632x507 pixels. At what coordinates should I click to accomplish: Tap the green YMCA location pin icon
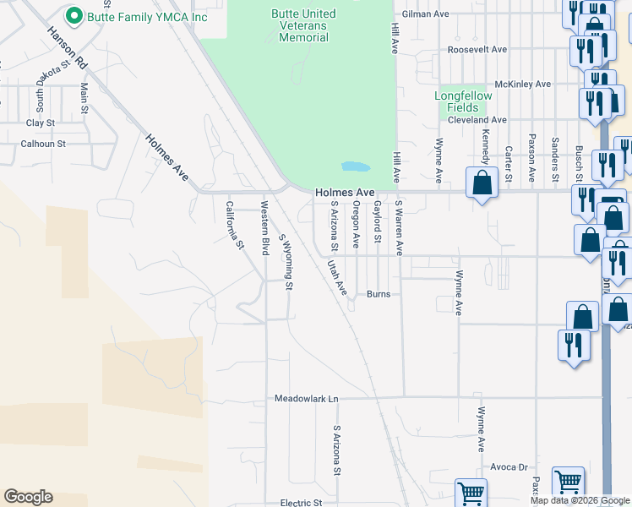pyautogui.click(x=74, y=16)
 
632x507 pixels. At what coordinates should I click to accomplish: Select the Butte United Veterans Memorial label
pyautogui.click(x=303, y=25)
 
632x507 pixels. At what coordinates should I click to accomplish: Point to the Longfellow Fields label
pyautogui.click(x=463, y=101)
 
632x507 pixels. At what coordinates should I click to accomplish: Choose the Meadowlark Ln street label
pyautogui.click(x=306, y=398)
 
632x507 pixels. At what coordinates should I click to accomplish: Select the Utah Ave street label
pyautogui.click(x=337, y=277)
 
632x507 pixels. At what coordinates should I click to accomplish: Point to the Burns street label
pyautogui.click(x=377, y=295)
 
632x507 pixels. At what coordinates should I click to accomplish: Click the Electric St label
pyautogui.click(x=302, y=503)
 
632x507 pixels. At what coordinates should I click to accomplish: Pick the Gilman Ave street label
pyautogui.click(x=427, y=14)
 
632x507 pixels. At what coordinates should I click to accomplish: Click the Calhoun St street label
pyautogui.click(x=43, y=144)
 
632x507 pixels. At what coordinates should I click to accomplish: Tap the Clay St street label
pyautogui.click(x=41, y=123)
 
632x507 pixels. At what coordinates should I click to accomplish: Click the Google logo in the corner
pyautogui.click(x=28, y=497)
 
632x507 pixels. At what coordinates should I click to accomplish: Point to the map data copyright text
pyautogui.click(x=579, y=501)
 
